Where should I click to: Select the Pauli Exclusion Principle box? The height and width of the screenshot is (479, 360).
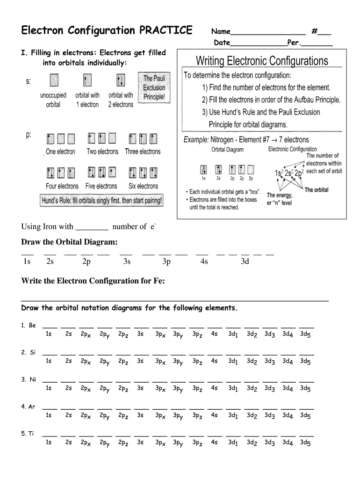154,88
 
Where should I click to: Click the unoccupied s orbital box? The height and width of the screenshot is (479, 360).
54,80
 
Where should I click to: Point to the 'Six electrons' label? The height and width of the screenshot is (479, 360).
143,186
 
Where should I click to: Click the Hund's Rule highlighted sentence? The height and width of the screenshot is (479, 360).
102,201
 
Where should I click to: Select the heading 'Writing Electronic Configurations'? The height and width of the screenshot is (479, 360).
262,61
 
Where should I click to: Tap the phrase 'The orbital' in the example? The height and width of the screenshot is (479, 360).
317,190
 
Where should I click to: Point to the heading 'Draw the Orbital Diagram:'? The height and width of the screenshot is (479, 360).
69,242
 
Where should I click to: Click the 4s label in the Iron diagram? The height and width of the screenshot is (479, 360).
204,261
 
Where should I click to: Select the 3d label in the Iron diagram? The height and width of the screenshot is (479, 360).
245,261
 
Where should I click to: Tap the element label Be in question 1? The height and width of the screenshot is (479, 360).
32,325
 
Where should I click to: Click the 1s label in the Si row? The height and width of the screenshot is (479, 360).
49,361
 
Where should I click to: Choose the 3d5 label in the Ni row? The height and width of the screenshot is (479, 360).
305,388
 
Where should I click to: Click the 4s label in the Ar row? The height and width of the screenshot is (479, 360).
214,415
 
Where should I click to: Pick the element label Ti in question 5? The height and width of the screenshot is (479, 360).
31,434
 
